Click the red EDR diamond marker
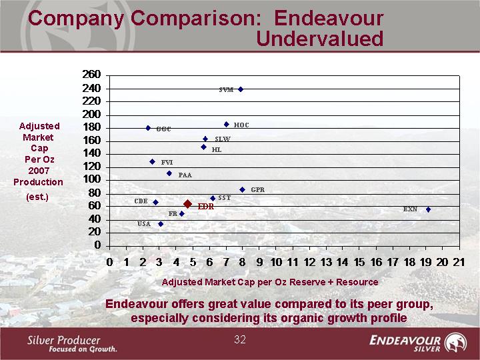tap(188, 204)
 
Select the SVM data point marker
tap(241, 89)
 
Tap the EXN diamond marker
tap(428, 209)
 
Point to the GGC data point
tap(148, 128)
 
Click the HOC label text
tap(241, 125)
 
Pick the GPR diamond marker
tap(243, 190)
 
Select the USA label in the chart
tap(144, 224)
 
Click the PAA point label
tap(185, 175)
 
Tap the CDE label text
tap(141, 201)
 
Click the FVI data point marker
tap(152, 162)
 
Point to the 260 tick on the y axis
tap(91, 75)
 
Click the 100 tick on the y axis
tap(91, 179)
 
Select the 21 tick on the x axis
tap(459, 262)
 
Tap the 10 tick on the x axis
tap(276, 262)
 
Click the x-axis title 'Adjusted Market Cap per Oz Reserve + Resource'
tap(269, 282)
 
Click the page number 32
tap(240, 340)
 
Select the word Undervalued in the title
tap(319, 39)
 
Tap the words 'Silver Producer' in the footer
tap(64, 339)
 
